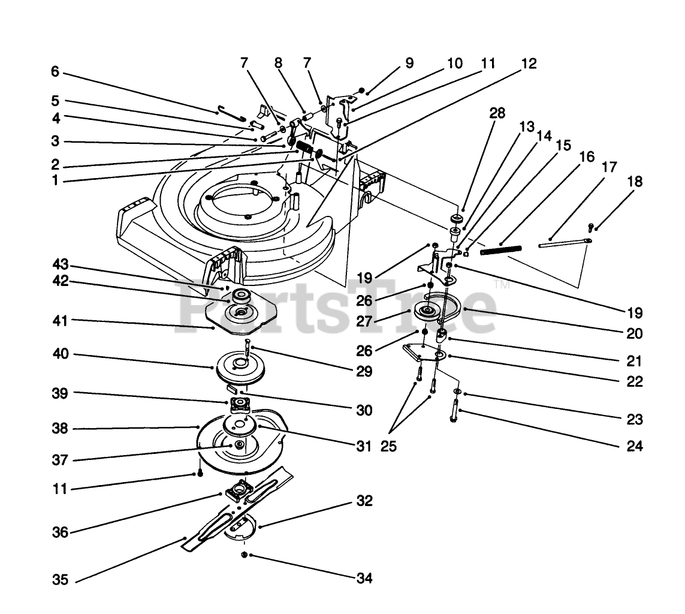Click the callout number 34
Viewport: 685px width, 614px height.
tap(364, 579)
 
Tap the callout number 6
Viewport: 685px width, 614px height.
tap(55, 71)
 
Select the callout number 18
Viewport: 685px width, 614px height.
tap(635, 182)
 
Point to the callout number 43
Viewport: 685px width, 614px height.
tap(60, 265)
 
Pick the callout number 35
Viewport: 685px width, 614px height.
tap(60, 580)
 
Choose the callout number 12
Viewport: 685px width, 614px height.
tap(529, 63)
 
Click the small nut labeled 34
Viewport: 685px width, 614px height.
tap(245, 556)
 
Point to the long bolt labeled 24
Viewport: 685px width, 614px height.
tap(454, 413)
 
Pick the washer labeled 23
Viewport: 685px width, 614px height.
tap(457, 392)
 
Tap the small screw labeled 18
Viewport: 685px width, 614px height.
tap(590, 227)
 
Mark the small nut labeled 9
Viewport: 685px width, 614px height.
tap(361, 92)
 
